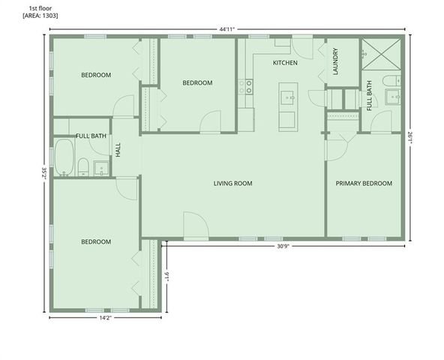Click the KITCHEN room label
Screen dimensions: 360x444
click(x=285, y=63)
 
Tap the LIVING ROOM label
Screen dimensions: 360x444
click(x=232, y=183)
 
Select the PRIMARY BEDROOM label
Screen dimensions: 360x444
click(x=364, y=183)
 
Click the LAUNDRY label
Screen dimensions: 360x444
click(x=335, y=63)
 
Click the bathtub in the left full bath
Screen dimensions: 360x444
click(x=64, y=157)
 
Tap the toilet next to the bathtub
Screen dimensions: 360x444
click(x=84, y=167)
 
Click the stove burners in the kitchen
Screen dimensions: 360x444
click(x=244, y=87)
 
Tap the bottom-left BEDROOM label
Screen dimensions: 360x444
click(x=96, y=241)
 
